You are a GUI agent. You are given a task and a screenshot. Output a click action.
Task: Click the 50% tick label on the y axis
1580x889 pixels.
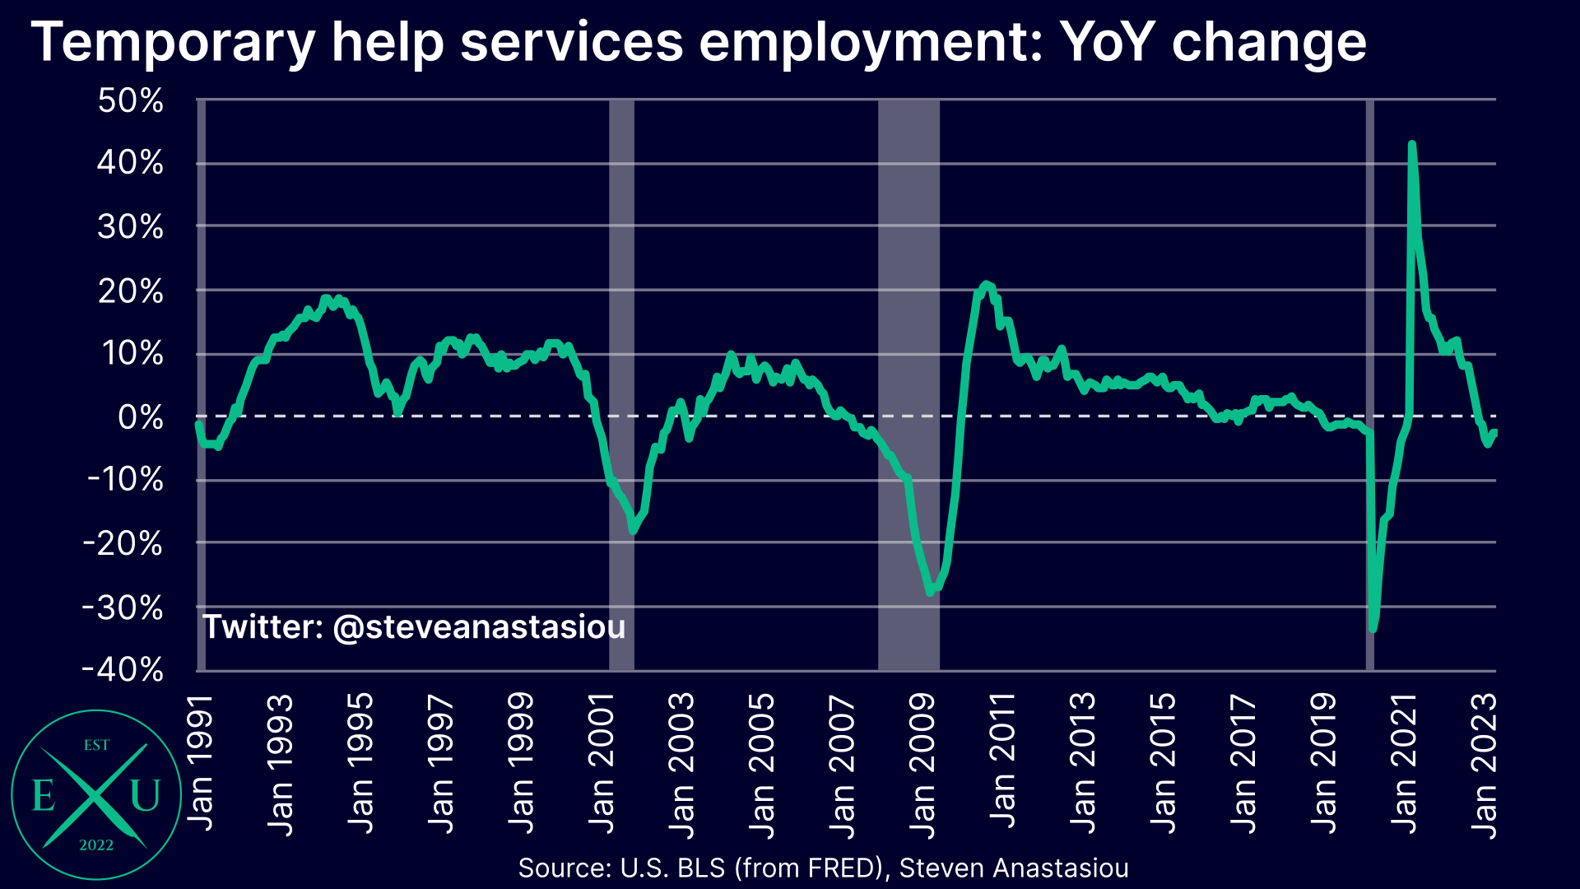click(130, 101)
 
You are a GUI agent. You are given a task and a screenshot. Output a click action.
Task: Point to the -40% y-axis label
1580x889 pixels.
click(123, 669)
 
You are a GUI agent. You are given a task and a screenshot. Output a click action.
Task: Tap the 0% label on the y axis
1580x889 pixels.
click(140, 417)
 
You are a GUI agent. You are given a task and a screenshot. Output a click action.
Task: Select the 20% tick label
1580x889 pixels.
click(130, 291)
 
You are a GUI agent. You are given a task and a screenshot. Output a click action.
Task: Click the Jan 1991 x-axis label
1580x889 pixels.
click(200, 762)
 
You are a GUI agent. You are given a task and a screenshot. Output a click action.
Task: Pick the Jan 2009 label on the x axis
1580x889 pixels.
click(922, 766)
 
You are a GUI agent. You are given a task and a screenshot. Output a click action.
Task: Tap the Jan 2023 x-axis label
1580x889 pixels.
click(1484, 766)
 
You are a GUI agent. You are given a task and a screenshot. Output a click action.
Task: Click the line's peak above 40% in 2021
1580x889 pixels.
click(1412, 145)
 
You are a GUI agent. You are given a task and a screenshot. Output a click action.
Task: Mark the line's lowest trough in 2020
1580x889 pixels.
click(1373, 629)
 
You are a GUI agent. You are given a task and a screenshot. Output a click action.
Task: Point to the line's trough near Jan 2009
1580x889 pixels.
click(931, 592)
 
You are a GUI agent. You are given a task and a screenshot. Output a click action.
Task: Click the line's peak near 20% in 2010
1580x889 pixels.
click(986, 284)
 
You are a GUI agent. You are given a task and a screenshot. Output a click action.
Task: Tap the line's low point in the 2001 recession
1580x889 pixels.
click(632, 531)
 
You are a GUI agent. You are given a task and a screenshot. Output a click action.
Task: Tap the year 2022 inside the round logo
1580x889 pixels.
click(96, 845)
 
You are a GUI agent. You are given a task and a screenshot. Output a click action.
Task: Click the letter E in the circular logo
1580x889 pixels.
click(43, 796)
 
